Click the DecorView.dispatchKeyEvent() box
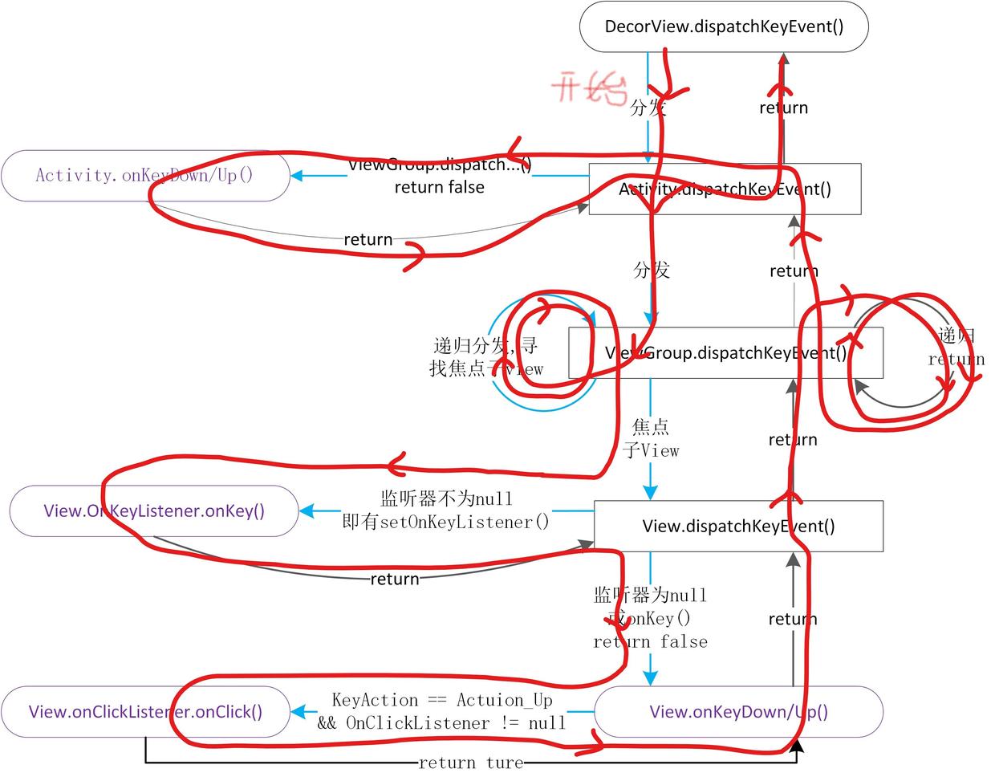(x=724, y=26)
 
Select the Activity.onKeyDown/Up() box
(x=144, y=175)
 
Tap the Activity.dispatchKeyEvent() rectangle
(x=725, y=189)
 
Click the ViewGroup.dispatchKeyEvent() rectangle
(x=725, y=352)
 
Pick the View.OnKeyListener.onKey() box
(x=154, y=511)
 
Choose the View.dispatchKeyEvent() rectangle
(x=738, y=527)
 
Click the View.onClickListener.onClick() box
(x=145, y=712)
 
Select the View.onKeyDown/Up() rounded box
(x=738, y=712)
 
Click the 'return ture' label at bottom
(x=471, y=763)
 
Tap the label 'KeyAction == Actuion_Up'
(x=442, y=700)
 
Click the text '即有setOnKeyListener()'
(x=446, y=523)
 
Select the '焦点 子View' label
(x=651, y=438)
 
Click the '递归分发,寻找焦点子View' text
(x=485, y=357)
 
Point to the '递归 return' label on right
(x=956, y=348)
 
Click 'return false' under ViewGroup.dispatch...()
(x=439, y=187)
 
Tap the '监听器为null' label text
(x=650, y=596)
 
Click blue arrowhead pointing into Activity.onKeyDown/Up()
(x=296, y=175)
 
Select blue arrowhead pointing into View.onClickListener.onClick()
(x=297, y=712)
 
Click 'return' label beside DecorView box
(x=783, y=108)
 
